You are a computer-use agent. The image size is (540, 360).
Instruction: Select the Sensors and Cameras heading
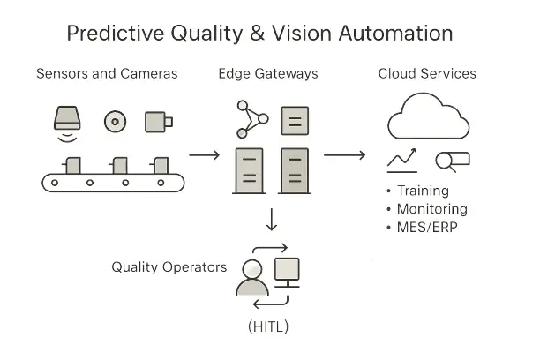coord(107,73)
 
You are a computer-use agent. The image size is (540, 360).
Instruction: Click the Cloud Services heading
coord(428,73)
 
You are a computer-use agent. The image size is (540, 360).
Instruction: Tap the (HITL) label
coord(267,326)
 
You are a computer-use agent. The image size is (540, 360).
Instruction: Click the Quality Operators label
coord(169,267)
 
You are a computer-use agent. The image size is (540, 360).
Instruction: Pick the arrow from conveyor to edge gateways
coord(205,155)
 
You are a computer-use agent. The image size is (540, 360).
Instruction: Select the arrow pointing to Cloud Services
coord(344,155)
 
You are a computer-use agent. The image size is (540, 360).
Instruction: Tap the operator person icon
coord(251,277)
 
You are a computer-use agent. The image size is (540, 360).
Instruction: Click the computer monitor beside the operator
coord(289,270)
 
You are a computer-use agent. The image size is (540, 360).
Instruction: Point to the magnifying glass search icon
coord(451,161)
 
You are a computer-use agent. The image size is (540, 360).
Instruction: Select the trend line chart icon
coord(402,161)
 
